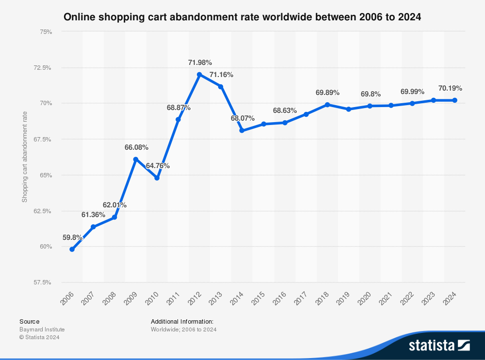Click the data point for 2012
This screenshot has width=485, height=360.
tap(199, 75)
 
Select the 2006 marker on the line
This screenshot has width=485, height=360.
tap(72, 249)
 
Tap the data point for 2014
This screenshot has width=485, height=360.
tap(242, 130)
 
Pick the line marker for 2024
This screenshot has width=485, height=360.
tap(455, 100)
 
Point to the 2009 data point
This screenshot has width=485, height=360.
tap(136, 159)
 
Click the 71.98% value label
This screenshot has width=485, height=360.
tap(200, 63)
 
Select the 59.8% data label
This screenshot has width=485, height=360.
tap(72, 237)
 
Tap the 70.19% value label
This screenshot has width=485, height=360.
tap(450, 88)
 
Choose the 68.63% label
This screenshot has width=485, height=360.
tap(285, 110)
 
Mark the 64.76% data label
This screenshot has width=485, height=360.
tap(158, 166)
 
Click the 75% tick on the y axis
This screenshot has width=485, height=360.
tap(46, 31)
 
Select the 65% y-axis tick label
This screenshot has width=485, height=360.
tap(46, 175)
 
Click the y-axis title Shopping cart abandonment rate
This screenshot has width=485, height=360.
tap(24, 157)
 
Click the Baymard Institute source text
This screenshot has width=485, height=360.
tap(42, 329)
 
